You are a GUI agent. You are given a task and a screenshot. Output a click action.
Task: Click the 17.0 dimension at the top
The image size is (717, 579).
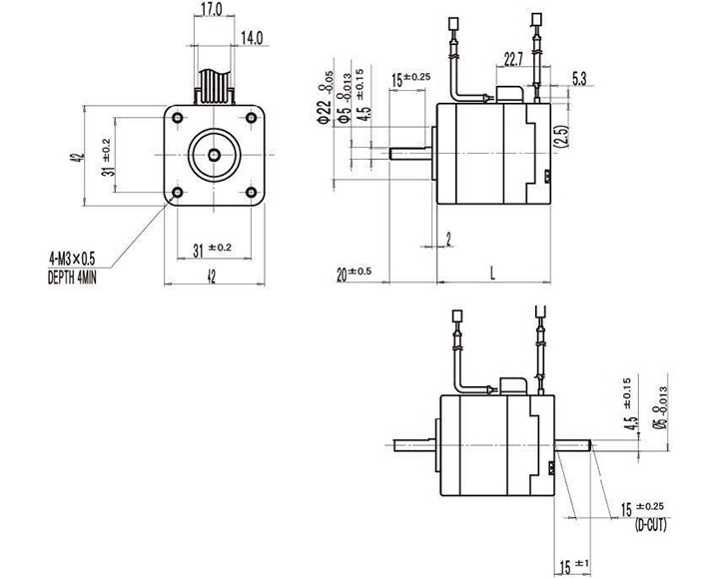[211, 10]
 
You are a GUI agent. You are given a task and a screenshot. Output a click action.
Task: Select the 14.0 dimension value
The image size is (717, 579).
[250, 39]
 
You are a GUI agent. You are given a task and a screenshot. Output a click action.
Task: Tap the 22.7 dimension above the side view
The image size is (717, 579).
[513, 60]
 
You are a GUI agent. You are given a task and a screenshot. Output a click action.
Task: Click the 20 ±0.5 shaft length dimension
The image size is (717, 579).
[354, 272]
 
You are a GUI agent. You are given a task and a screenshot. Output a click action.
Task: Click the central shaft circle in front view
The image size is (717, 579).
[213, 156]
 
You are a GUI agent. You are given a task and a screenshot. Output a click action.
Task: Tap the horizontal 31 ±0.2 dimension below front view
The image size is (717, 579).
[212, 247]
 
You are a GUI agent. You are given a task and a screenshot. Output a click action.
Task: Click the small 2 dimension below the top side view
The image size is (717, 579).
[449, 238]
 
